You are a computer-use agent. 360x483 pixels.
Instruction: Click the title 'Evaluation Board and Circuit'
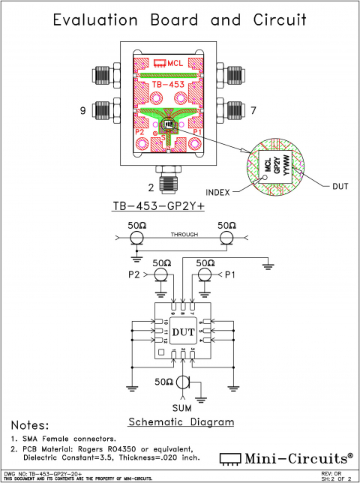pos(180,20)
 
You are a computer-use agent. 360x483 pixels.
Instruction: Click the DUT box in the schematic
pos(183,331)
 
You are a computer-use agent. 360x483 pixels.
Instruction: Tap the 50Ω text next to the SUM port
pos(163,382)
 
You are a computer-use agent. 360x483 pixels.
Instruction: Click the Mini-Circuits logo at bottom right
pos(285,457)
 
